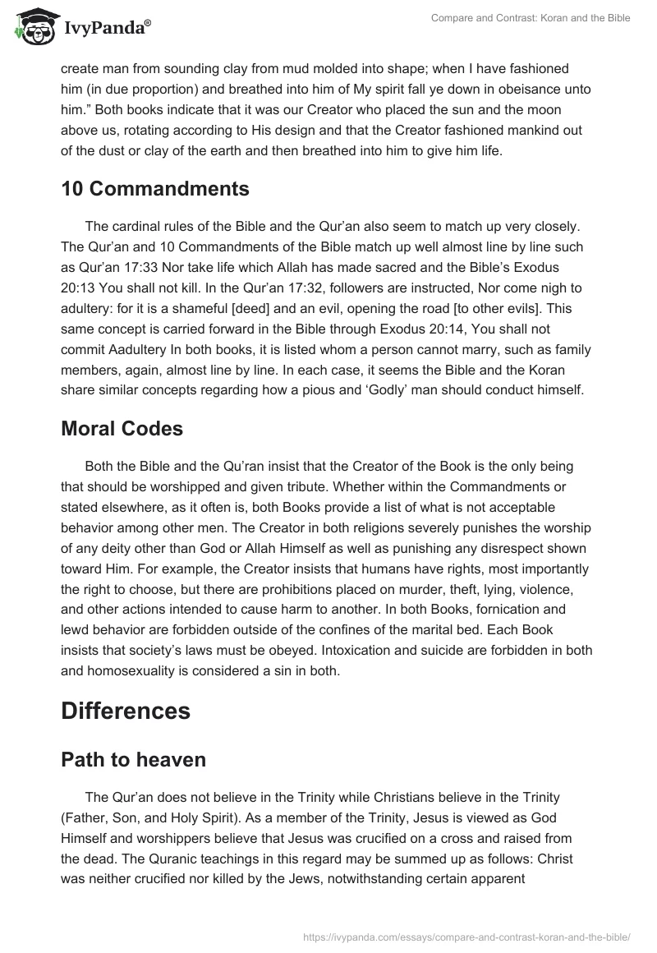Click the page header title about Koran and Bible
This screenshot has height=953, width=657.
click(531, 18)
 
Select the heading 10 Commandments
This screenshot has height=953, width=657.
click(154, 188)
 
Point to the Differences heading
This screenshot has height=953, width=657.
click(126, 710)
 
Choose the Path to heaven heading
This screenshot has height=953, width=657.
click(133, 760)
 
